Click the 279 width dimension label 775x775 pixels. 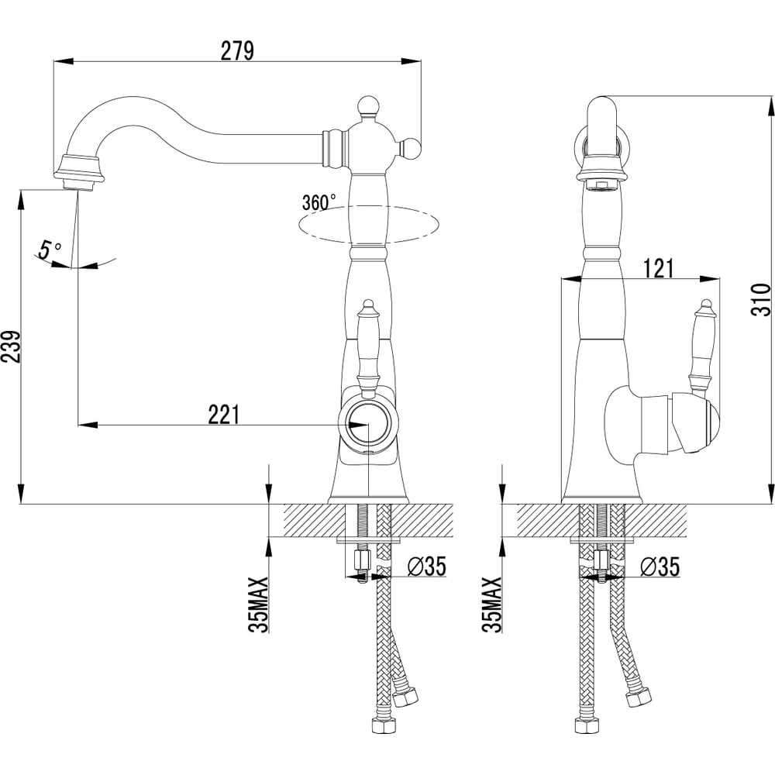point(237,50)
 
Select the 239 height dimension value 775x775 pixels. point(12,346)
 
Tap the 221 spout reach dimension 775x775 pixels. point(223,414)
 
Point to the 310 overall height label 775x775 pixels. point(763,299)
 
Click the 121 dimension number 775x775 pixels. point(659,268)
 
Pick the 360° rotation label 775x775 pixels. point(319,202)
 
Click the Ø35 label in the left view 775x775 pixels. point(426,567)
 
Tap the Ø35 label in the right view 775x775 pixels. point(660,567)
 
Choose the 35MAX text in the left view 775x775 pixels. point(260,604)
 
